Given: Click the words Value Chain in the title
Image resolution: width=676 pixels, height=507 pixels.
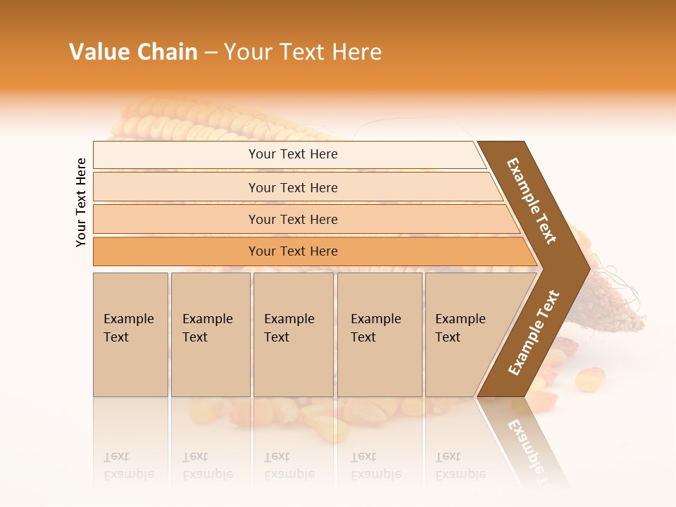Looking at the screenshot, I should point(133,52).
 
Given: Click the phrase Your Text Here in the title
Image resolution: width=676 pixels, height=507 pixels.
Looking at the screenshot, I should point(303,52).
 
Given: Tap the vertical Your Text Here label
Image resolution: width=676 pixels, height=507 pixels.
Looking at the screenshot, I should point(81,202).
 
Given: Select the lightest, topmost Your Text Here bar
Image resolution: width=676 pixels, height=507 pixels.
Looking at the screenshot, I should point(292,154).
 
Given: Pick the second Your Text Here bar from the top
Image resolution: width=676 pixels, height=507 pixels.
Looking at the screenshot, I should point(292,187).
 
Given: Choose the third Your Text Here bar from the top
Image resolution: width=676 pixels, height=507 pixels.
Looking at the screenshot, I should point(292,219).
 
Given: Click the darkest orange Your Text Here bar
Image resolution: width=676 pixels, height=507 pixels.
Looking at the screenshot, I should point(292,251).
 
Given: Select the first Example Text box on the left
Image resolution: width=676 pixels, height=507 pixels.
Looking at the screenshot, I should point(130,334).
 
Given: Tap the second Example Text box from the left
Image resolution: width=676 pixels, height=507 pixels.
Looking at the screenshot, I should point(211,334).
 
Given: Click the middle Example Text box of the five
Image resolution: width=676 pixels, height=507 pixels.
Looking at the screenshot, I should point(293,334).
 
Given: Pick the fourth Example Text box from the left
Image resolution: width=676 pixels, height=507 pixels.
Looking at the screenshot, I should point(380,334).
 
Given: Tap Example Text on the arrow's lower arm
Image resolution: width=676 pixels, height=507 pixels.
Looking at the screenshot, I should point(534,332).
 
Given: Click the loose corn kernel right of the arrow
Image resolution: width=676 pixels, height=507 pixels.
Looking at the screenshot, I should point(589,380).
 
